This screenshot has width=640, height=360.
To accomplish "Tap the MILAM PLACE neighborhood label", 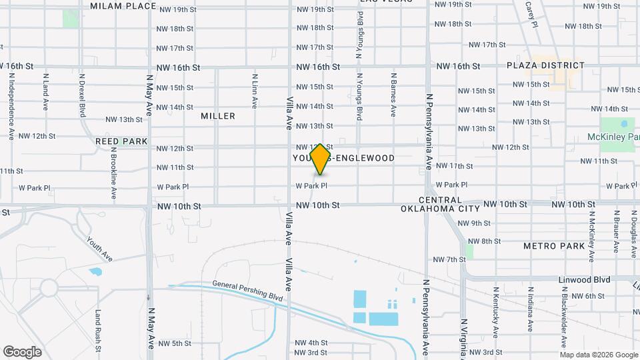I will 123,6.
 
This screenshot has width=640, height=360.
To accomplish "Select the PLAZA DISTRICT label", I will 545,65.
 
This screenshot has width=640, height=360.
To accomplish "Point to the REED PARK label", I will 121,141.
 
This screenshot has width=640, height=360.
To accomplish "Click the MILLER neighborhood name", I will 218,116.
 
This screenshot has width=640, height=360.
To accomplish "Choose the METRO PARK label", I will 554,246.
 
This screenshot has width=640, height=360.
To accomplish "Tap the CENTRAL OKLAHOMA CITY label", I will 431,204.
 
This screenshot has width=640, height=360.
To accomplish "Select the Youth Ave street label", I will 99,248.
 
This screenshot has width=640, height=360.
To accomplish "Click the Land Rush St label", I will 98,330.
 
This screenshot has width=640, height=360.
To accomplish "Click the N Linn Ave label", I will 255,91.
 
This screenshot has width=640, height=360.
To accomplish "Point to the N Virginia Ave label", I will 463,337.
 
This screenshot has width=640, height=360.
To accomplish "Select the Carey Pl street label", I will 531,13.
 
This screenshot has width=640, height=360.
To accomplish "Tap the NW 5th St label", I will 174,343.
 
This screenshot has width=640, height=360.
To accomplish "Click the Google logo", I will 22,351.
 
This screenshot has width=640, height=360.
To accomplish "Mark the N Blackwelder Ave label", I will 564,323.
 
